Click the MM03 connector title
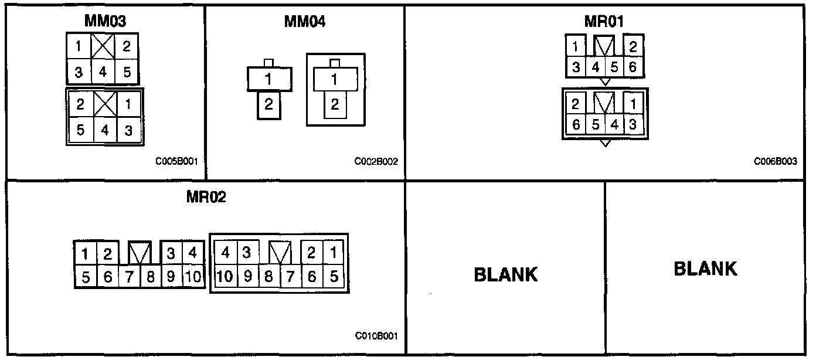(x=105, y=21)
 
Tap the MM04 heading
(x=305, y=21)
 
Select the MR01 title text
(x=604, y=21)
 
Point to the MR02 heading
(x=206, y=197)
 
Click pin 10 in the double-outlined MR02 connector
(x=225, y=275)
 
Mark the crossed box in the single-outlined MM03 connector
(x=103, y=47)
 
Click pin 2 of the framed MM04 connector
(x=334, y=105)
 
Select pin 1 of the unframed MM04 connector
(x=268, y=79)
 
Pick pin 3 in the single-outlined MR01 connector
(x=576, y=67)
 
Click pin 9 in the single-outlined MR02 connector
(x=171, y=276)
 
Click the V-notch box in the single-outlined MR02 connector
(x=140, y=253)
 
